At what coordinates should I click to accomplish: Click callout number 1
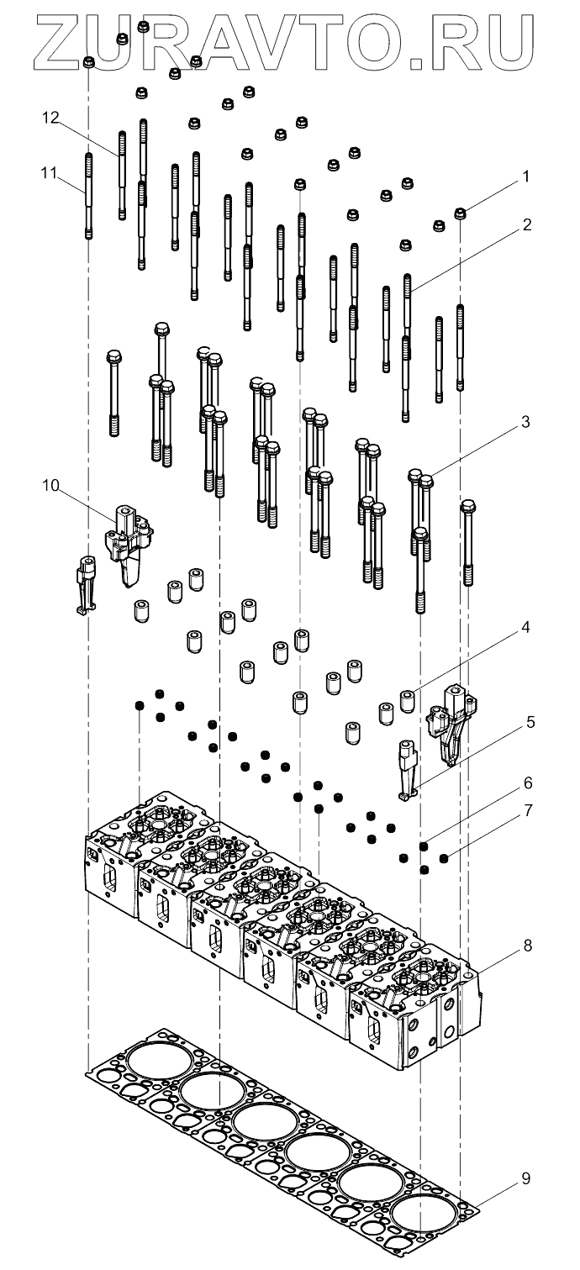526,177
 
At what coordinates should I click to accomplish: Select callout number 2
527,225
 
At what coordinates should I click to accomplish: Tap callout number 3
525,423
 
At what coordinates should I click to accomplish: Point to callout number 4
525,628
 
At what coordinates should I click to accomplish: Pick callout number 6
528,783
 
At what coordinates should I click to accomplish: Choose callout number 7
528,811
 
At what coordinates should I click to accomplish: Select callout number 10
50,486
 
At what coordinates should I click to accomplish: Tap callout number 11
50,172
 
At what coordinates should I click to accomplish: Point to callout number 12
50,118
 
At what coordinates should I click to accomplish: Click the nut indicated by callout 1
461,213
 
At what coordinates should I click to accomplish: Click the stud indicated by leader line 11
88,196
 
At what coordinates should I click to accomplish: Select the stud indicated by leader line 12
122,175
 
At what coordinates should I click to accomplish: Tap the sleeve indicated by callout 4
407,701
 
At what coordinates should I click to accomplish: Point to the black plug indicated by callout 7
444,858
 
